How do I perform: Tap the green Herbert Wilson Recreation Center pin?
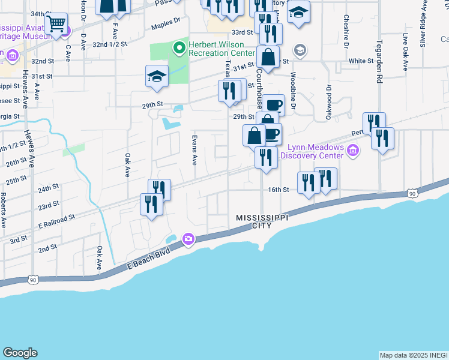coord(178,47)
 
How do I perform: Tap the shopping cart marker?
coord(56,25)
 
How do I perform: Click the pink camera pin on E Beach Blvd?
coord(188,239)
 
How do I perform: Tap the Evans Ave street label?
coord(194,150)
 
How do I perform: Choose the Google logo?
coord(20,353)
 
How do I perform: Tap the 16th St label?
coord(279,190)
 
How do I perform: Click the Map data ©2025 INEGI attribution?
coord(413,355)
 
